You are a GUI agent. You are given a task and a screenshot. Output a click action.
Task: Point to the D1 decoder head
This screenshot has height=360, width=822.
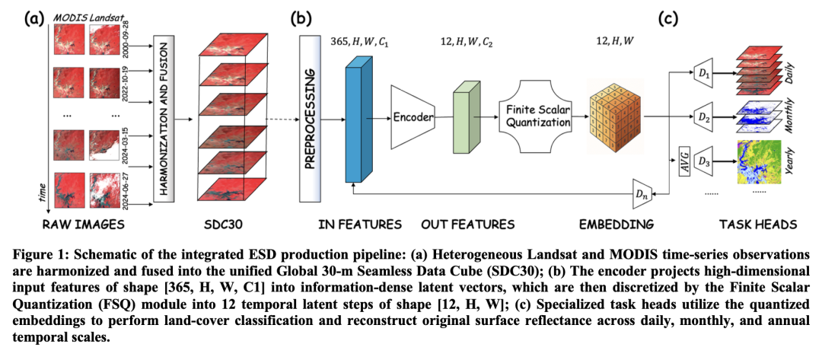pos(704,75)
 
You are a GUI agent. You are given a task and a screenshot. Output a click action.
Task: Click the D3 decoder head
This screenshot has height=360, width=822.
pos(704,161)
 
